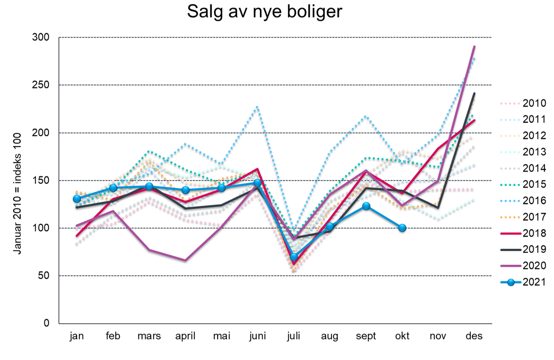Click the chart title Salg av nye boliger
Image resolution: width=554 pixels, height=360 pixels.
point(264,12)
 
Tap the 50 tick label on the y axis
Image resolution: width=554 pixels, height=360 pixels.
point(43,276)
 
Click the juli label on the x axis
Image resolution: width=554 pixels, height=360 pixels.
point(293,336)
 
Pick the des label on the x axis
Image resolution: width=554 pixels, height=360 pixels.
point(474,336)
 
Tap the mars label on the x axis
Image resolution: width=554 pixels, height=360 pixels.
point(149,336)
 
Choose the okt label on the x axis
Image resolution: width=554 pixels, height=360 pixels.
point(402,336)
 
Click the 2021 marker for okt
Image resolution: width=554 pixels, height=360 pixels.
point(402,228)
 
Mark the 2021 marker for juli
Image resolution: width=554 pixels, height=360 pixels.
point(294,257)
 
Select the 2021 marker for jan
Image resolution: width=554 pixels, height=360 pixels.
point(77,198)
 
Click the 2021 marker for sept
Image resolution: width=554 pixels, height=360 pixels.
point(366,206)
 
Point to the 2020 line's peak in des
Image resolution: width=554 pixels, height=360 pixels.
point(474,47)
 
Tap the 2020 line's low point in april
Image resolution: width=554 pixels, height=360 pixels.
point(186,260)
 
